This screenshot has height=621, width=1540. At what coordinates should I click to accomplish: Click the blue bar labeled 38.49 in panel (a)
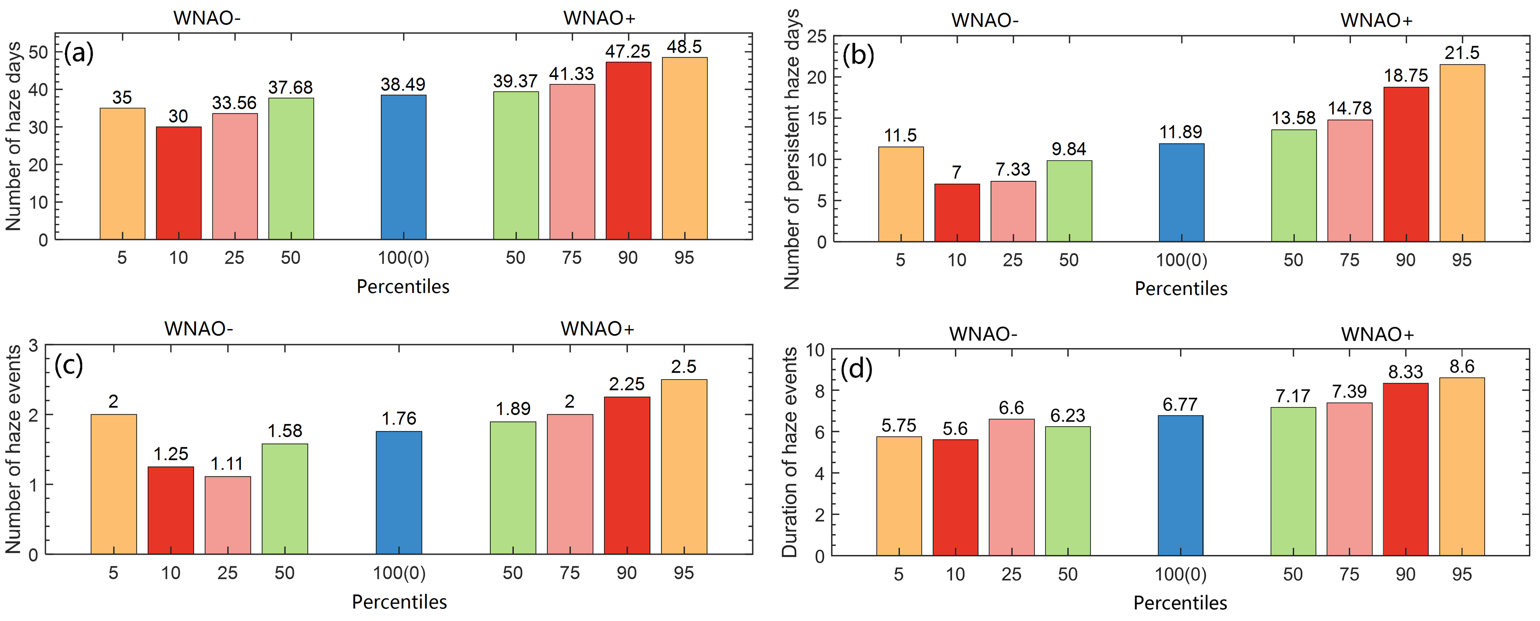(403, 167)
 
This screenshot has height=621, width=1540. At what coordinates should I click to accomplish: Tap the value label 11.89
(1181, 132)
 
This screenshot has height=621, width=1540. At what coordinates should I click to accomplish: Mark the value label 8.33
(1405, 372)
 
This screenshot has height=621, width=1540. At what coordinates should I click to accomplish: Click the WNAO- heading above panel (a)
(207, 18)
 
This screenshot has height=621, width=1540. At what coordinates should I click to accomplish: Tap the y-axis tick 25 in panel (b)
(817, 37)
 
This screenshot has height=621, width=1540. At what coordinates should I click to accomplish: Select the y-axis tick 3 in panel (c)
(33, 346)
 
